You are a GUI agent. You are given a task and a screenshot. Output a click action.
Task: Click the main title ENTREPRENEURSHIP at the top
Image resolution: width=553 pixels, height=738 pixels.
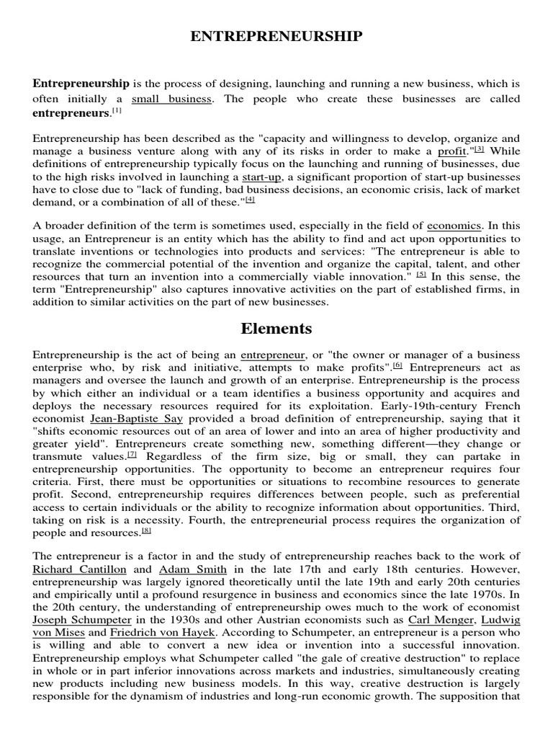coord(276,37)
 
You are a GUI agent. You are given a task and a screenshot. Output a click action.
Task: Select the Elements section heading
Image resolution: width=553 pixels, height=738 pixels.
coord(276,329)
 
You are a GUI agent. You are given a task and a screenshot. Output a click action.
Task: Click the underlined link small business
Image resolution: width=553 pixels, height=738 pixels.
coord(171,99)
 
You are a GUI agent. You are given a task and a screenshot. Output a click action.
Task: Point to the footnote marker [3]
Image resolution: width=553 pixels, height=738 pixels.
coord(479,149)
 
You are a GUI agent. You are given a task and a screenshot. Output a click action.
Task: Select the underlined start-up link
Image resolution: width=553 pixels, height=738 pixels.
coord(261,178)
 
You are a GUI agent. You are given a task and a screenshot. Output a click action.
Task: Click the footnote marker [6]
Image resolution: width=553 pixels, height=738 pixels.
coord(397,365)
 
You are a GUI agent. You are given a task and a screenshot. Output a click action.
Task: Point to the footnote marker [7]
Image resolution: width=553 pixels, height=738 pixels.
coord(132,455)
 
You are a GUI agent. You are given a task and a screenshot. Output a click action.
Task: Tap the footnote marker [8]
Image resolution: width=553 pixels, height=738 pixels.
coord(146,531)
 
